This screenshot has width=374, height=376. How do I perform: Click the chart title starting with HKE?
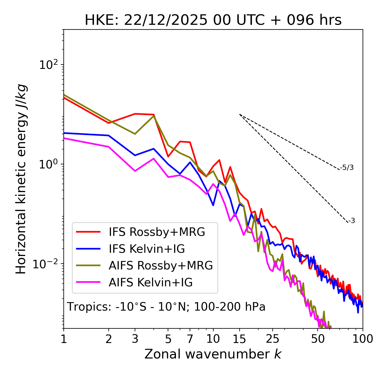click(213, 20)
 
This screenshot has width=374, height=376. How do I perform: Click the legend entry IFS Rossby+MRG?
click(157, 232)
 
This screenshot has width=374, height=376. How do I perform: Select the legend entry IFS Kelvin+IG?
click(147, 249)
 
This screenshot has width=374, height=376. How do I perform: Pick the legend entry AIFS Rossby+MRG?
click(161, 266)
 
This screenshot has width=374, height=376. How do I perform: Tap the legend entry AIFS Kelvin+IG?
click(150, 283)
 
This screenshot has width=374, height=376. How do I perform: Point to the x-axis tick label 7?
click(190, 339)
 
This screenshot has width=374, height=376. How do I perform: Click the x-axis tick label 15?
click(239, 339)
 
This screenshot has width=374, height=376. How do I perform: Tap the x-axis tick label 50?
click(318, 339)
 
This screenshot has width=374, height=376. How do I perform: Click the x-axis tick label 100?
click(363, 339)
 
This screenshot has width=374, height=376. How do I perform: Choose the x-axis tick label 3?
click(135, 339)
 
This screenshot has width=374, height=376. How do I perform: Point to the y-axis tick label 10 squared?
click(48, 65)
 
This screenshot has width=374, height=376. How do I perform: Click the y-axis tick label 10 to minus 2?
click(47, 264)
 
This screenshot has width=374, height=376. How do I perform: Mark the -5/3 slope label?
click(347, 168)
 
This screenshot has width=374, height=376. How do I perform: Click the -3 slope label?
click(352, 221)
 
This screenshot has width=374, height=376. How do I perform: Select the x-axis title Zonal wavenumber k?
click(213, 354)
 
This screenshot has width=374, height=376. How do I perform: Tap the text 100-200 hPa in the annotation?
click(230, 307)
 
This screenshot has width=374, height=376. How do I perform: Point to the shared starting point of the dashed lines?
click(240, 114)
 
